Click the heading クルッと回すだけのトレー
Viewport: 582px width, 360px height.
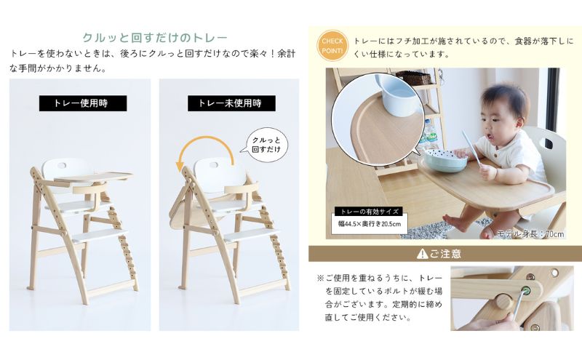pyautogui.click(x=155, y=38)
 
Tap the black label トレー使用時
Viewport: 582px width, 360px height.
pyautogui.click(x=82, y=103)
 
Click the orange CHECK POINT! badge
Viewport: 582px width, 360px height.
pyautogui.click(x=332, y=44)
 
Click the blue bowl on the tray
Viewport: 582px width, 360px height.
pyautogui.click(x=445, y=161)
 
